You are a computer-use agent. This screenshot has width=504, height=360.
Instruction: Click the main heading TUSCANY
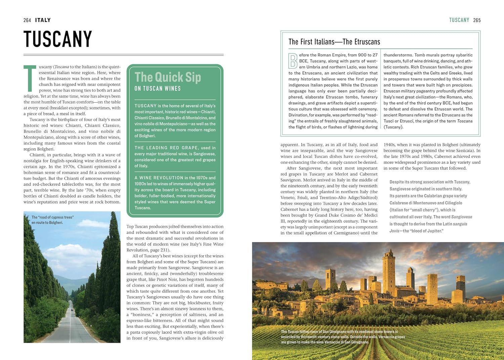coord(58,39)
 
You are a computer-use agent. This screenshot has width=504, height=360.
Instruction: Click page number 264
coord(27,20)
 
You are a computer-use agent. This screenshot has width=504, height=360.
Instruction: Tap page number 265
coord(477,20)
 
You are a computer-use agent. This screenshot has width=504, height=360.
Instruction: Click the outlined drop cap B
coord(293,61)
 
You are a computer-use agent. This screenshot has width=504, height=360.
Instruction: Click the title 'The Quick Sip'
coord(168,77)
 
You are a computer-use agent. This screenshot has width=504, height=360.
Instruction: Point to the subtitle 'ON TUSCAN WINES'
coord(158,89)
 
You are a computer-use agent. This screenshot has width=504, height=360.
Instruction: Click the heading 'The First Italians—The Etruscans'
coord(334,42)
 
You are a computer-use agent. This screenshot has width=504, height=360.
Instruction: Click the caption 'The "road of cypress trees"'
coord(52,217)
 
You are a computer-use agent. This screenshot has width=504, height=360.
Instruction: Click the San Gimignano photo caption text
coord(343,337)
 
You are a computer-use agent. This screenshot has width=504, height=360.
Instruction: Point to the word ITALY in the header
coord(43,20)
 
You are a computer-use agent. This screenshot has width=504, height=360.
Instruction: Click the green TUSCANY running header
coord(459,20)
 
